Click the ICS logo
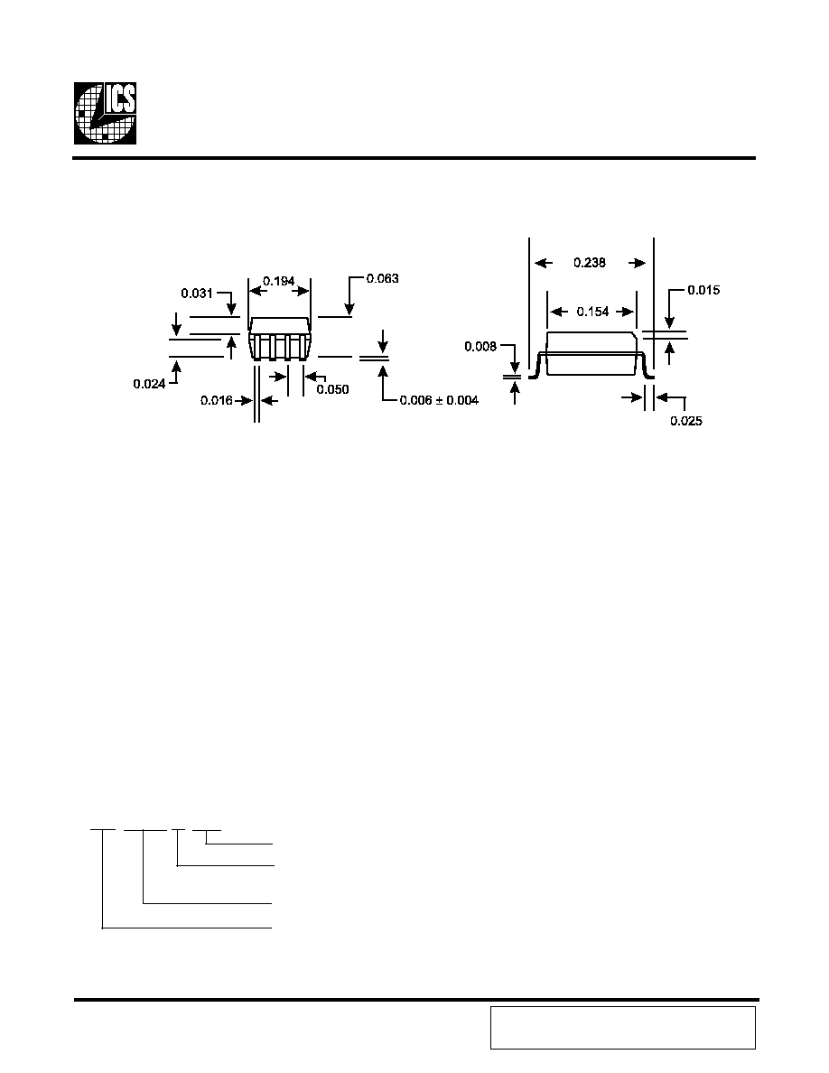[x=105, y=113]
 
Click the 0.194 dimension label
[x=278, y=281]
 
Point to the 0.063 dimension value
[x=382, y=278]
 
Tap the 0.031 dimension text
[x=197, y=293]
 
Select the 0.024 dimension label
[x=149, y=384]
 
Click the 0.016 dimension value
[x=216, y=400]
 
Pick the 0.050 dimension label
[x=332, y=389]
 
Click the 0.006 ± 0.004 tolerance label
[x=439, y=400]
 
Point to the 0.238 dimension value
[x=590, y=263]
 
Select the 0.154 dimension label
[x=592, y=312]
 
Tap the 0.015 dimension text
[x=703, y=290]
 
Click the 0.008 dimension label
[x=480, y=346]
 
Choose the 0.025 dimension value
[x=686, y=421]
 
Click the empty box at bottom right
[x=623, y=1027]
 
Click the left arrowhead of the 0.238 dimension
[x=543, y=263]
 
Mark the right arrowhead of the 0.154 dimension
[x=627, y=312]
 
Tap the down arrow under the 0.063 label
[x=349, y=308]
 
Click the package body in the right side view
[x=592, y=353]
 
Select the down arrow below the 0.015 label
[x=670, y=322]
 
